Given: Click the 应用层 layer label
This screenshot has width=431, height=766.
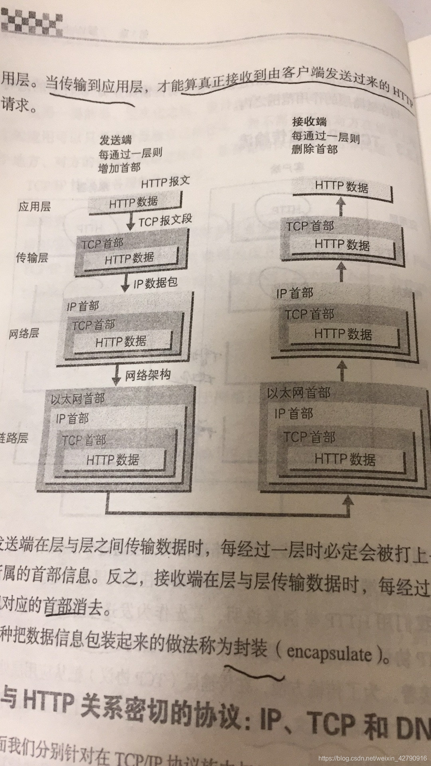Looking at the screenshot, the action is (x=35, y=207).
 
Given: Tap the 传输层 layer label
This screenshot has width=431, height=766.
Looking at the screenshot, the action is (x=32, y=258).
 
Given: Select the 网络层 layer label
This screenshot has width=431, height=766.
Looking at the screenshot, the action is (x=24, y=333).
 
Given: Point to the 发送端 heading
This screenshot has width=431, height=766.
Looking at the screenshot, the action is (x=115, y=140).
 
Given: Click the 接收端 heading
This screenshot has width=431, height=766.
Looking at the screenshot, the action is (x=309, y=122).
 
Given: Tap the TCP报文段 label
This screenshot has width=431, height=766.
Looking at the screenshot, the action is (x=165, y=220).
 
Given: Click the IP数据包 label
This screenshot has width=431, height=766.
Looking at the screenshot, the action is (x=155, y=283).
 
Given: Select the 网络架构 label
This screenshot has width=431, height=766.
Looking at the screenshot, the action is (x=148, y=375).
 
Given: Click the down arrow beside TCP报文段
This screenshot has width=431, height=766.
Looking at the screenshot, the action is (x=130, y=222).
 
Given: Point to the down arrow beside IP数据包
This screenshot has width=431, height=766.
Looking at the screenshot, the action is (x=125, y=284).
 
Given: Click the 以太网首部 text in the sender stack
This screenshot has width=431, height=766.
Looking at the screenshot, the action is (x=78, y=399).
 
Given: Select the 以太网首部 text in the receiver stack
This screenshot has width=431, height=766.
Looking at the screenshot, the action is (x=299, y=393).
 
